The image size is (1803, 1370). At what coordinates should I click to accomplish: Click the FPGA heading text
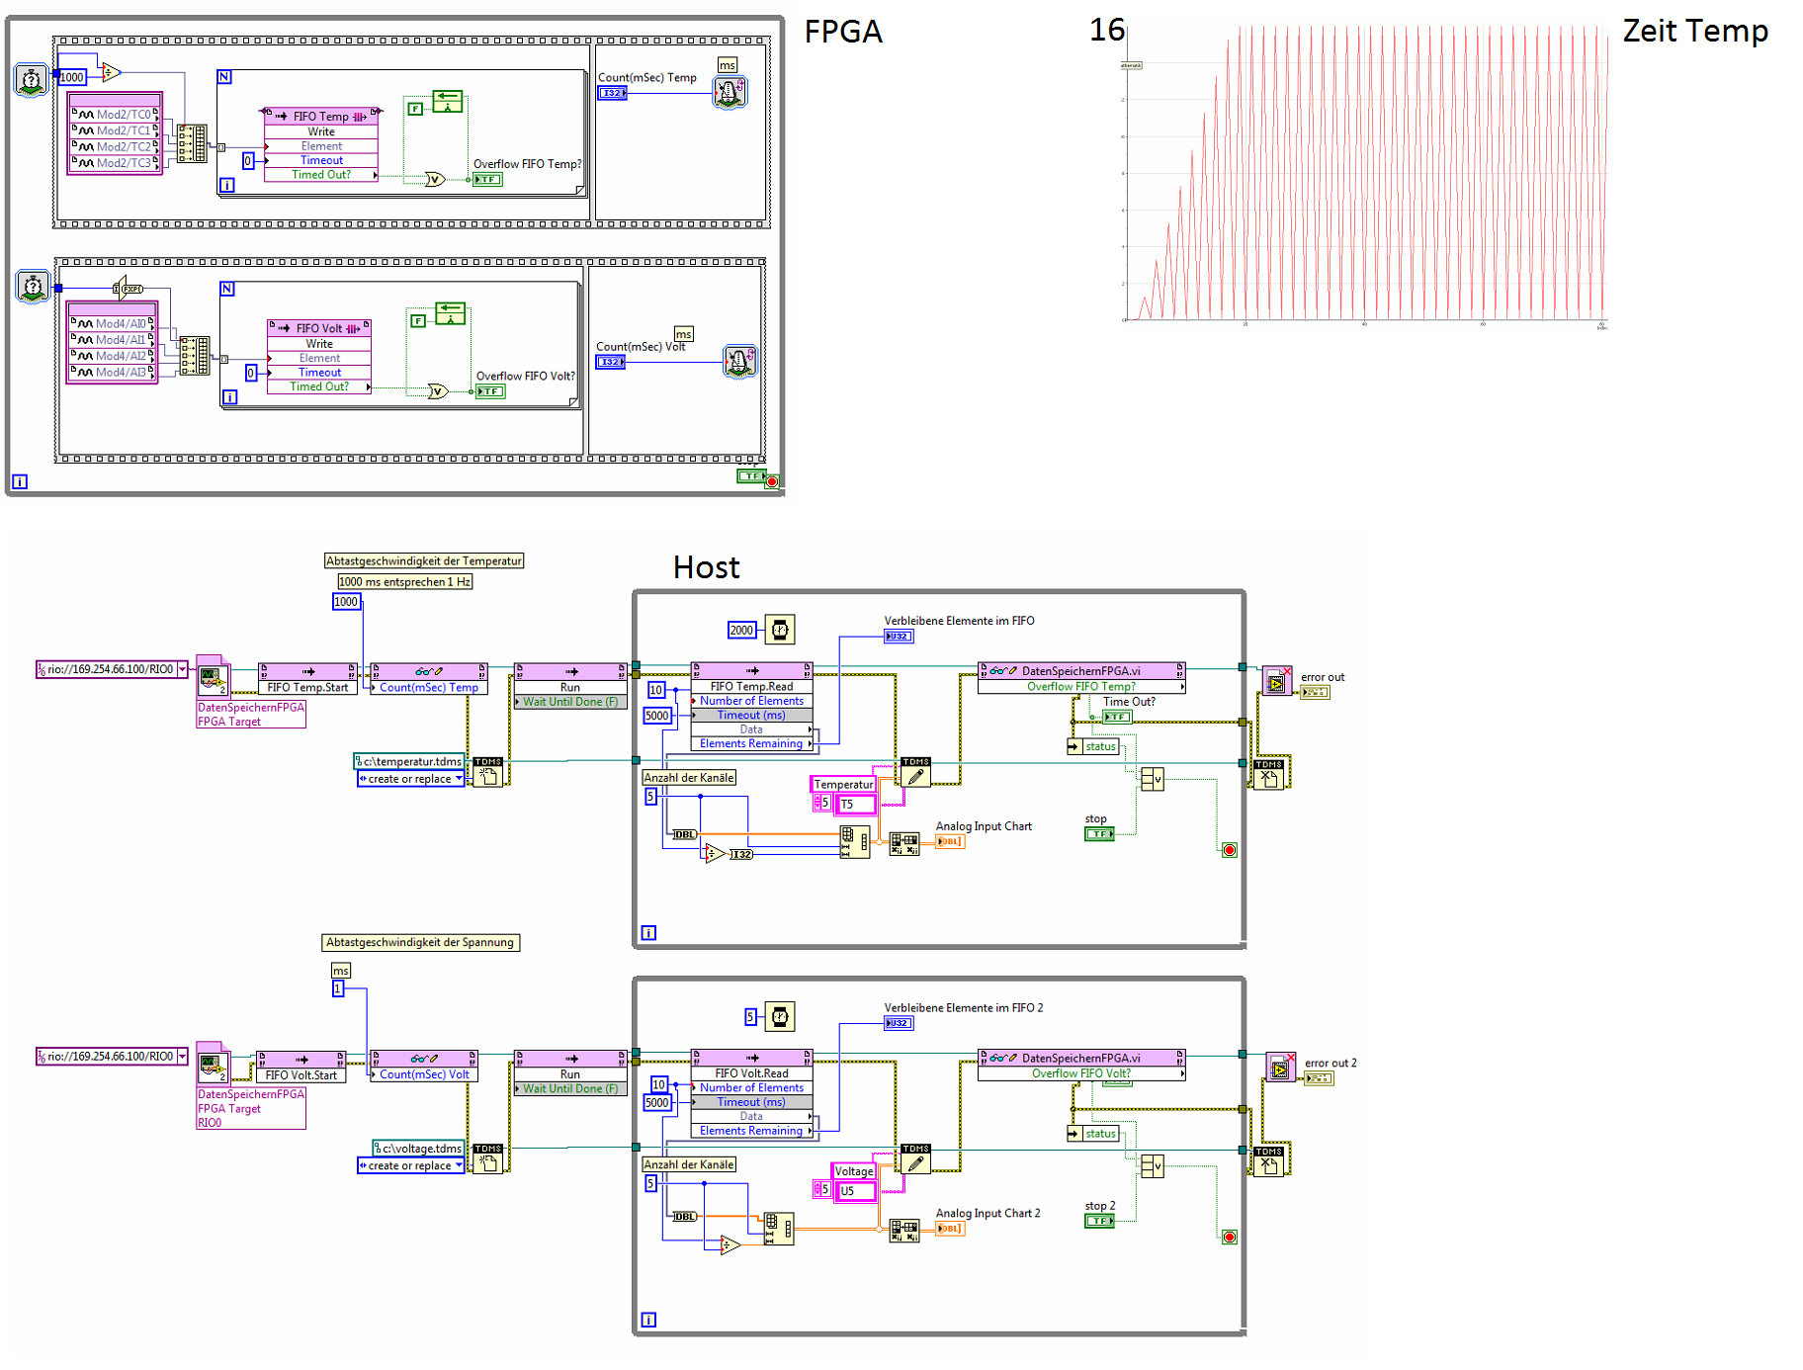[x=842, y=32]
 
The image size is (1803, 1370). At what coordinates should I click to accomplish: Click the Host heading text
[x=706, y=567]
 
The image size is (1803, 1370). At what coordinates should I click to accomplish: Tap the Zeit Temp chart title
[x=1694, y=31]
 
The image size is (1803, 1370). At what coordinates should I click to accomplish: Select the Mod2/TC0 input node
[x=116, y=115]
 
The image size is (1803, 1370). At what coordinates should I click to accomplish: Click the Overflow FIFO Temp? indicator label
[x=527, y=164]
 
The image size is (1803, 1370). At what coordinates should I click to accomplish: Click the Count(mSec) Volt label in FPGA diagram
[x=640, y=347]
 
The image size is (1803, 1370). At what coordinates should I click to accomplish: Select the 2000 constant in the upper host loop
[x=741, y=630]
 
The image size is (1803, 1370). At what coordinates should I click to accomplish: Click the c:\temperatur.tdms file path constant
[x=410, y=762]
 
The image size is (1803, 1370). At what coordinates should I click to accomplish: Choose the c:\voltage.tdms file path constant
[x=419, y=1149]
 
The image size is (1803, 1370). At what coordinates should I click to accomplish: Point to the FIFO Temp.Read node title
[x=751, y=686]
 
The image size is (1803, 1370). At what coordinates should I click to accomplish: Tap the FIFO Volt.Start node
[x=300, y=1075]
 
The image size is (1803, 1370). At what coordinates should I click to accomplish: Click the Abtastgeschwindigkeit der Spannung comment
[x=420, y=943]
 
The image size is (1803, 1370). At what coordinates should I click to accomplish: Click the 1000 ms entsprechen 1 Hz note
[x=404, y=582]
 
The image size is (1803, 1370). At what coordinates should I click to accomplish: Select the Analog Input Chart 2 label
[x=987, y=1213]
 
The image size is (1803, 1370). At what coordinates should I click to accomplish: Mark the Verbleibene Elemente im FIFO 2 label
[x=963, y=1008]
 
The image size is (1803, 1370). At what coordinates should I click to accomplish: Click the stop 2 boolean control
[x=1099, y=1221]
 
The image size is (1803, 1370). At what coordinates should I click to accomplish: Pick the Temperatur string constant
[x=842, y=785]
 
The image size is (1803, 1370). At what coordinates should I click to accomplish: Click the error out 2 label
[x=1330, y=1064]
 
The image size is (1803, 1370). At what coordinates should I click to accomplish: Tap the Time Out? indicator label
[x=1129, y=702]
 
